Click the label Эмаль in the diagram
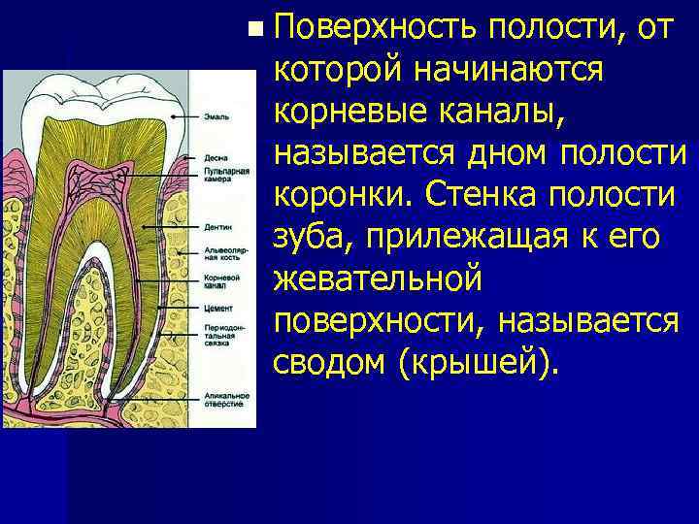click(x=216, y=116)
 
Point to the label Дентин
click(x=217, y=227)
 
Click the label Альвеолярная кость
click(x=224, y=255)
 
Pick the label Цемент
click(x=218, y=306)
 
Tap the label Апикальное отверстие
click(x=227, y=399)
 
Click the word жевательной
click(x=378, y=278)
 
